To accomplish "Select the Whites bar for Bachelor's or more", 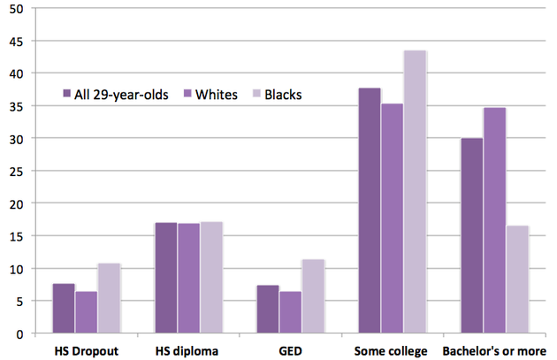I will click(494, 221).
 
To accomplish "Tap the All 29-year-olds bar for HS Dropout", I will click(64, 309).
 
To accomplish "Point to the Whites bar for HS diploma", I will click(188, 279).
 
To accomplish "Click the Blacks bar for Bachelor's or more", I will click(517, 280).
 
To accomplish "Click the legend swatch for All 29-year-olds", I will click(67, 94).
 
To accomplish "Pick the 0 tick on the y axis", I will click(27, 333).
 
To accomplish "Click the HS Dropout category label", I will click(86, 350).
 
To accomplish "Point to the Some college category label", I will click(392, 350).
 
